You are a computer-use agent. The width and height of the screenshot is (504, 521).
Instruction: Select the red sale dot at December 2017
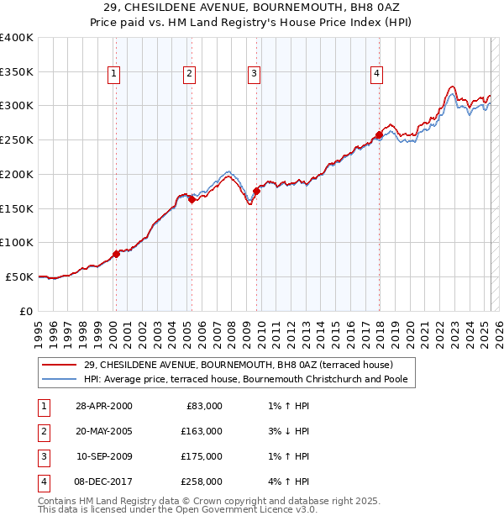(380, 134)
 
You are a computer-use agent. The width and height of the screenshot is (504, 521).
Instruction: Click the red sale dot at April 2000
(117, 254)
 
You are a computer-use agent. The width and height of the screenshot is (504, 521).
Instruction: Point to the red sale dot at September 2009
(257, 191)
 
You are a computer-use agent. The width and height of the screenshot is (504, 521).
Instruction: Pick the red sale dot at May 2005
(192, 199)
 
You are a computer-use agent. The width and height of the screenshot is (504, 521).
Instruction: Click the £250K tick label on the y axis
(17, 139)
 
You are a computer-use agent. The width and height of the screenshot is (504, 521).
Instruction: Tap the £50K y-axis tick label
(19, 276)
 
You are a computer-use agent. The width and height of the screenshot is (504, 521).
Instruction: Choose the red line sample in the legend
(60, 365)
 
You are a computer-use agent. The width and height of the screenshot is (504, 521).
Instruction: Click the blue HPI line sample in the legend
(60, 379)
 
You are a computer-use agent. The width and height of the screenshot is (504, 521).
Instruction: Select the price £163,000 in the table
(202, 431)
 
